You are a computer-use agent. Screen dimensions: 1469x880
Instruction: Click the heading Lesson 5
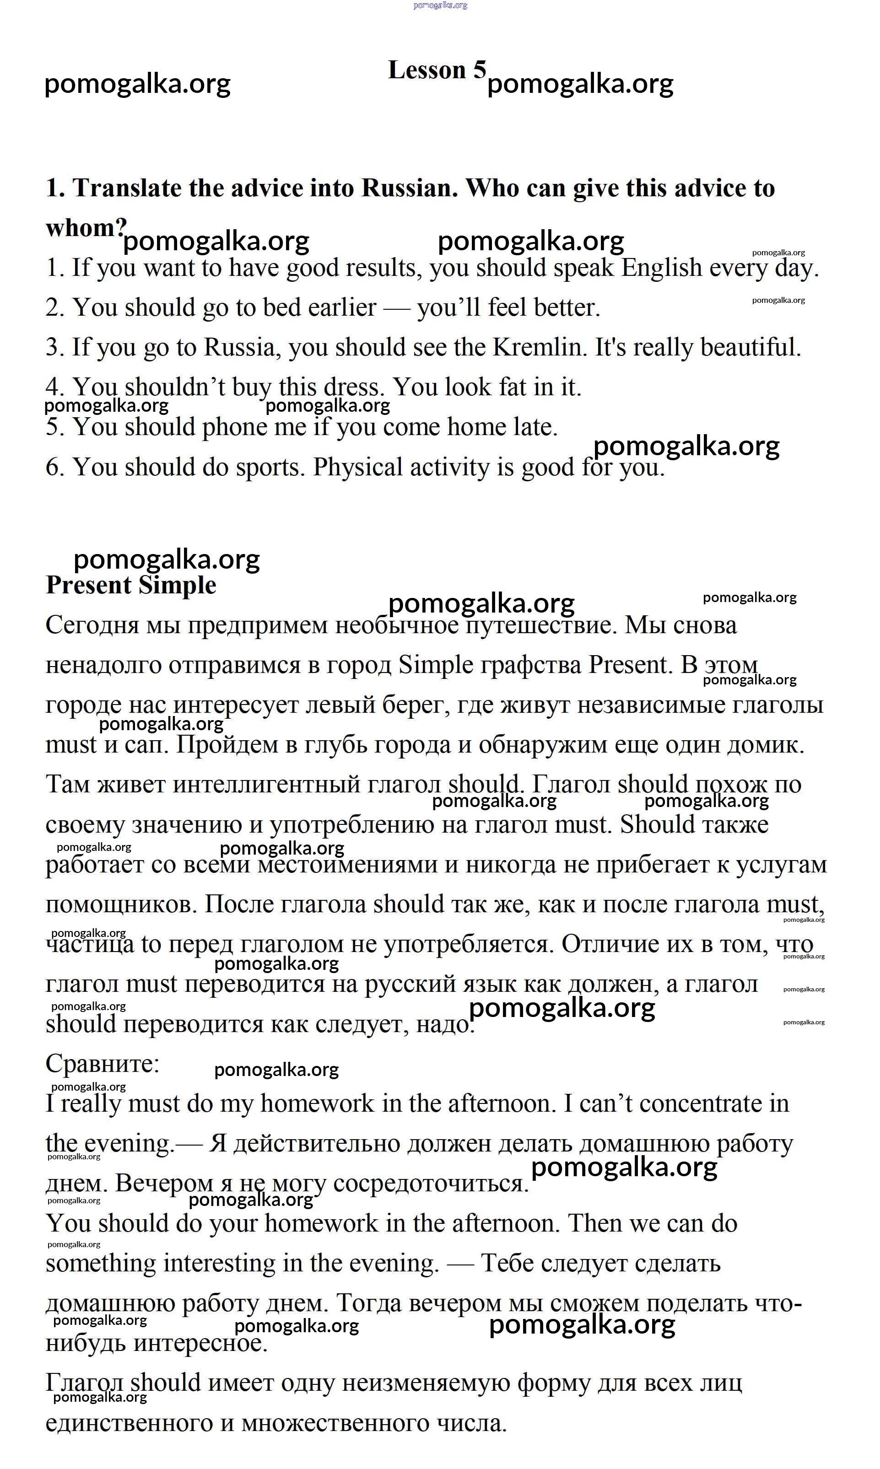point(437,70)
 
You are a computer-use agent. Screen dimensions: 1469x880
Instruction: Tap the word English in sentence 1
point(661,268)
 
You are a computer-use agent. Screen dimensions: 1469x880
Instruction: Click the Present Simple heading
point(131,585)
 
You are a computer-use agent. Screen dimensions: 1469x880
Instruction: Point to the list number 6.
point(54,467)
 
